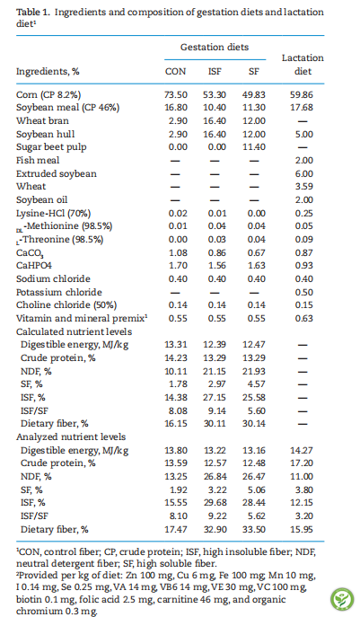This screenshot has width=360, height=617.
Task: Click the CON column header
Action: tap(175, 72)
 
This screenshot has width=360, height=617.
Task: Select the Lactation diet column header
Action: tap(303, 65)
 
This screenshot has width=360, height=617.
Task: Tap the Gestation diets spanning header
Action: tap(215, 48)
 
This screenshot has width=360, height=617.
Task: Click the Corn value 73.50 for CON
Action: tap(176, 95)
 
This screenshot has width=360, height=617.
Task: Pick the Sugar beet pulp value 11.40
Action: tap(254, 147)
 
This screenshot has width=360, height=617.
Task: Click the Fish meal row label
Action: tap(38, 161)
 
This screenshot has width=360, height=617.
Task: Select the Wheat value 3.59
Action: tap(304, 187)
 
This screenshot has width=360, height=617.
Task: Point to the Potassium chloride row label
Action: tap(59, 293)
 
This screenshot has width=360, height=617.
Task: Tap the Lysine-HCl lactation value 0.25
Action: tap(304, 213)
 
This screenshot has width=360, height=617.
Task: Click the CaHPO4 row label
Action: tap(34, 266)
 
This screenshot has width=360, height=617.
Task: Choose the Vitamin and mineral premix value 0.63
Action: tap(304, 318)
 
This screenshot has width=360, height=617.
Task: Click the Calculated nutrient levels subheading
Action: tap(74, 331)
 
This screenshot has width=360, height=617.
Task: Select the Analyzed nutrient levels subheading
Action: tap(71, 436)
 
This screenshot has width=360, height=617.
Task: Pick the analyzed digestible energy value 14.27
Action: tap(302, 450)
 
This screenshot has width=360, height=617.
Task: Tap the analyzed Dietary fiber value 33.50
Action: tap(254, 529)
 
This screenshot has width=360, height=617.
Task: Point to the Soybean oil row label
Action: tap(41, 200)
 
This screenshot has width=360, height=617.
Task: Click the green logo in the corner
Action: tap(342, 599)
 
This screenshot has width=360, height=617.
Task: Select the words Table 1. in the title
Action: tap(33, 13)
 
